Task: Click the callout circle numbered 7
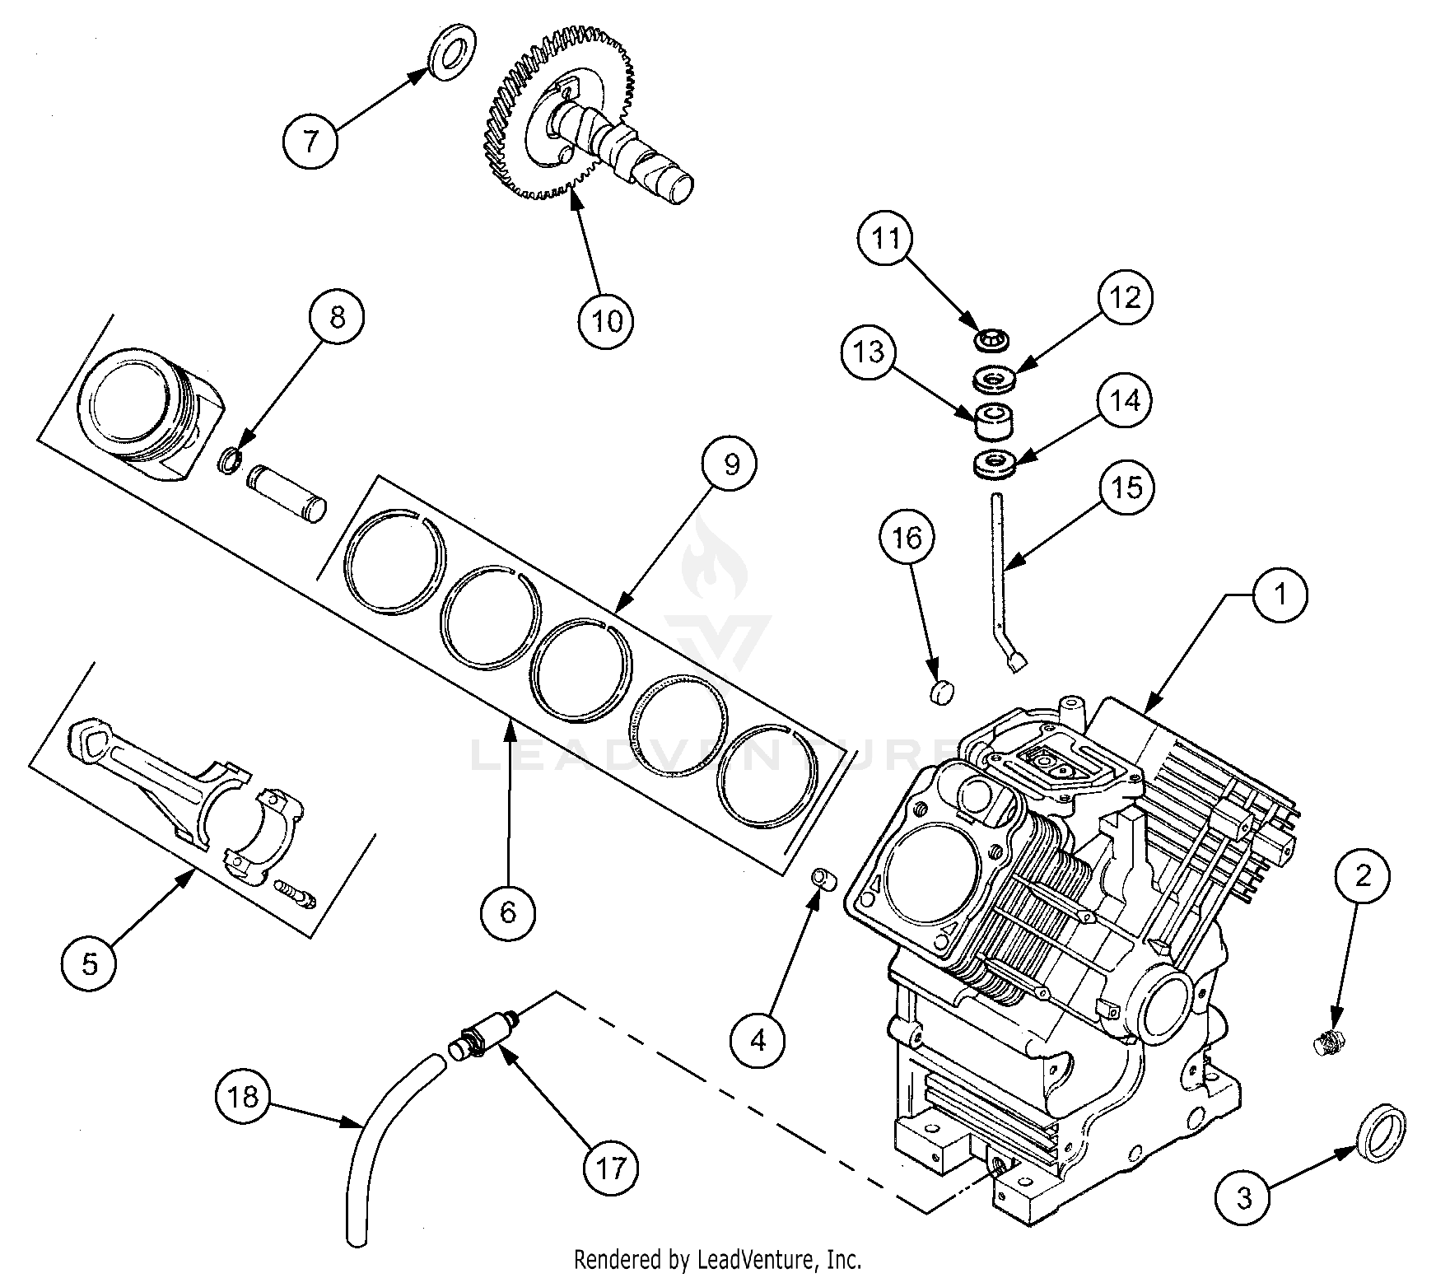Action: [x=310, y=142]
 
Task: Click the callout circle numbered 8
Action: [x=337, y=318]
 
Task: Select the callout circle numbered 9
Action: [x=730, y=465]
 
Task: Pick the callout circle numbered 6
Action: [x=508, y=911]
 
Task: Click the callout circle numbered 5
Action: [x=89, y=963]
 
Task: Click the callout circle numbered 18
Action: [x=244, y=1098]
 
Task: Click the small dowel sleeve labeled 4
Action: [x=825, y=879]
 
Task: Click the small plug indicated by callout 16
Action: [x=940, y=693]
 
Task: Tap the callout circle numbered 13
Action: [x=869, y=352]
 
